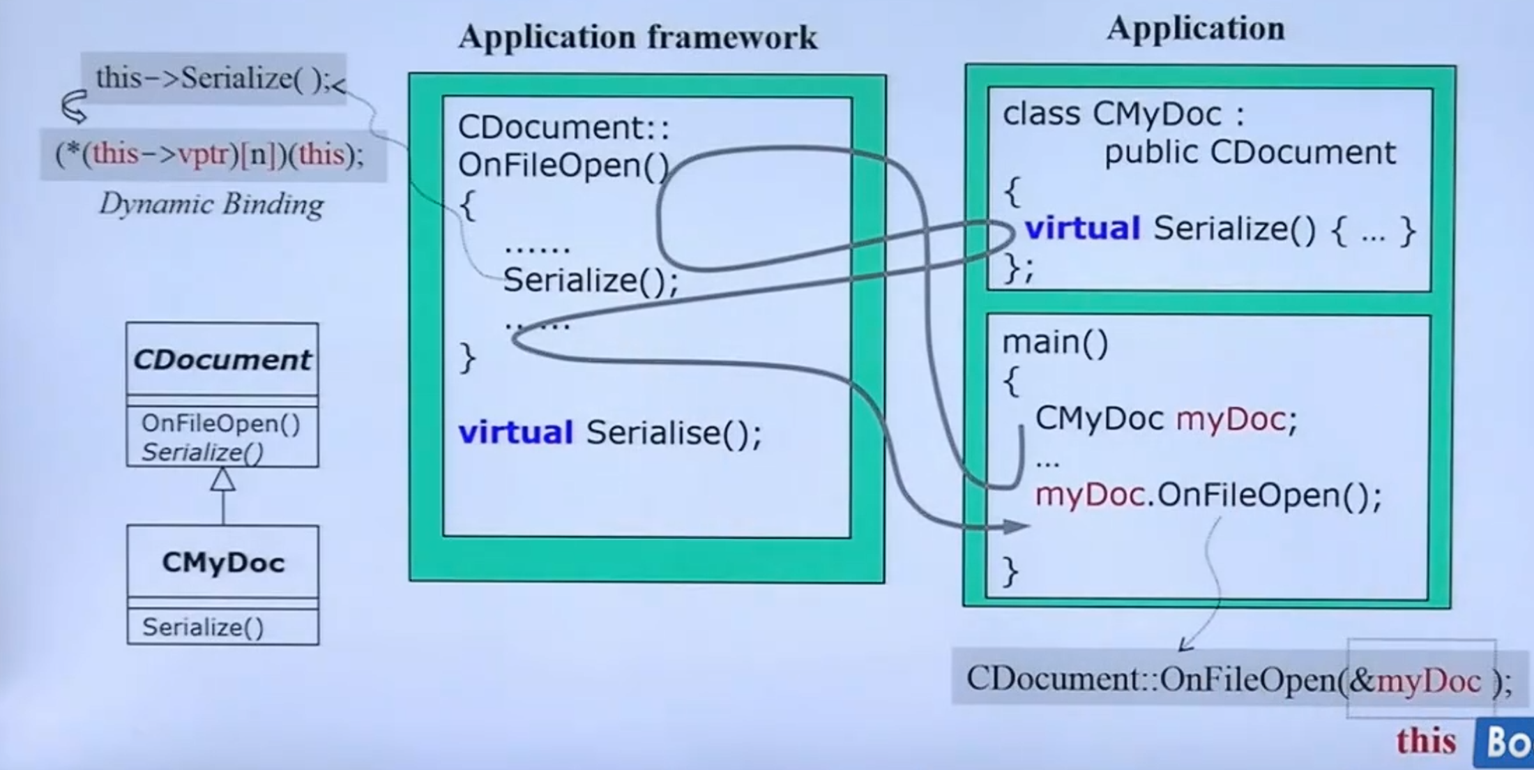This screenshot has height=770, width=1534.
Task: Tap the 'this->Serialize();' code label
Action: [x=213, y=78]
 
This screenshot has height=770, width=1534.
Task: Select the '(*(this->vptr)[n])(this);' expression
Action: [x=210, y=154]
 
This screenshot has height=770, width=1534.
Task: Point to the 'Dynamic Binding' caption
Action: [x=211, y=204]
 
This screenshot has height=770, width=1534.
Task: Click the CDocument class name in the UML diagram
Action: [x=222, y=360]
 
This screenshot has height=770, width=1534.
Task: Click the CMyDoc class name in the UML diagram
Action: [x=223, y=563]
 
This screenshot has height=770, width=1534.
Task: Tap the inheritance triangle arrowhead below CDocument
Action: [x=223, y=480]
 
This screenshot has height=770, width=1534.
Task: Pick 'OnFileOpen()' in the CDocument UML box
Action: [x=220, y=423]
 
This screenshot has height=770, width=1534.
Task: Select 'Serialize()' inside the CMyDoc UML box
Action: [x=203, y=628]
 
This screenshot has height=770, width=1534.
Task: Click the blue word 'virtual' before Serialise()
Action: [x=516, y=433]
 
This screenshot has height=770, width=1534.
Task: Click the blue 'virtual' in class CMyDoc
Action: [x=1082, y=229]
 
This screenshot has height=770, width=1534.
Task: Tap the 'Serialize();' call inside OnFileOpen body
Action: [x=590, y=280]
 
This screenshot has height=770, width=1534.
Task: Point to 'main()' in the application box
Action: [x=1055, y=342]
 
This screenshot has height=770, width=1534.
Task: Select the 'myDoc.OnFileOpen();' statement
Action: [x=1208, y=495]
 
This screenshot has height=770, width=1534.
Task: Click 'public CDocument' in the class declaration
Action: [x=1250, y=153]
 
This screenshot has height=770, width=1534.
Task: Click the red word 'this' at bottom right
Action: [x=1426, y=741]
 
